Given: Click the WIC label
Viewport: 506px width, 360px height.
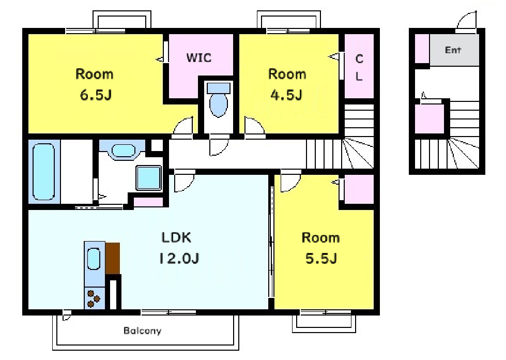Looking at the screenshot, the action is [199, 58].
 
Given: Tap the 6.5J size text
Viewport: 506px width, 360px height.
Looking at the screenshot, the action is [96, 95].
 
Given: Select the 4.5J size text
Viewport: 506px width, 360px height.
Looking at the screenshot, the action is [286, 95].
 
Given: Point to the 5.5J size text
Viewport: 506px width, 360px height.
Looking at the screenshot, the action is [321, 258].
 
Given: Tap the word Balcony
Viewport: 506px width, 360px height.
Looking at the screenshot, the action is [142, 331].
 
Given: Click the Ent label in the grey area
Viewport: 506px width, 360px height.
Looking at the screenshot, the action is [453, 50].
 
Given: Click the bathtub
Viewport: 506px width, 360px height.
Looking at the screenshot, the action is [43, 172].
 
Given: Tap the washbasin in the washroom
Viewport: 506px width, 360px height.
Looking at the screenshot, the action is [124, 151].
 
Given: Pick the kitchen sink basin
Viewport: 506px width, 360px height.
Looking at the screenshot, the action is [94, 259].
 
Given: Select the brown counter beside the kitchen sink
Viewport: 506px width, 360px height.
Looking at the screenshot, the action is [113, 258].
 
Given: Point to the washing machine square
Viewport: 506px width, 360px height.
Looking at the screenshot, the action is [148, 178].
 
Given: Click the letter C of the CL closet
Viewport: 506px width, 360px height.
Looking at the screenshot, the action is [359, 59].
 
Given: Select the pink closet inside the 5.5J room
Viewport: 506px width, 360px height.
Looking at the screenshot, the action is [359, 189].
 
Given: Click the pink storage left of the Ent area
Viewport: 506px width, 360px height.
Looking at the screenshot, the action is [422, 49].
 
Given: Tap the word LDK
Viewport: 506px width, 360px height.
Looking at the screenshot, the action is [176, 237].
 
